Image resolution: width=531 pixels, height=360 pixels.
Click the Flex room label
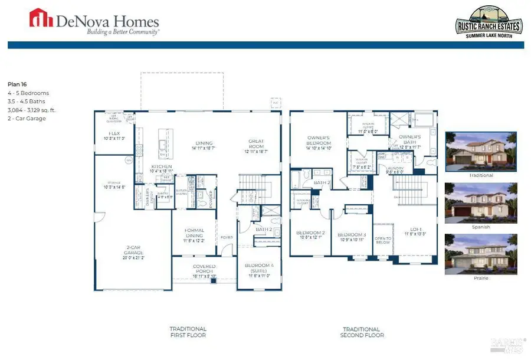[x=114, y=136]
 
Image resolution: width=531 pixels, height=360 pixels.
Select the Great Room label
[x=256, y=144]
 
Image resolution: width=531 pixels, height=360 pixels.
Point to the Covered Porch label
[x=205, y=269]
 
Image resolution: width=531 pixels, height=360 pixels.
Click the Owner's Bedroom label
[x=318, y=142]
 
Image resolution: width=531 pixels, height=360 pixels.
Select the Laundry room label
[x=395, y=169]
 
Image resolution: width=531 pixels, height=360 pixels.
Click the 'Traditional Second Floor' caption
[x=362, y=332]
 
